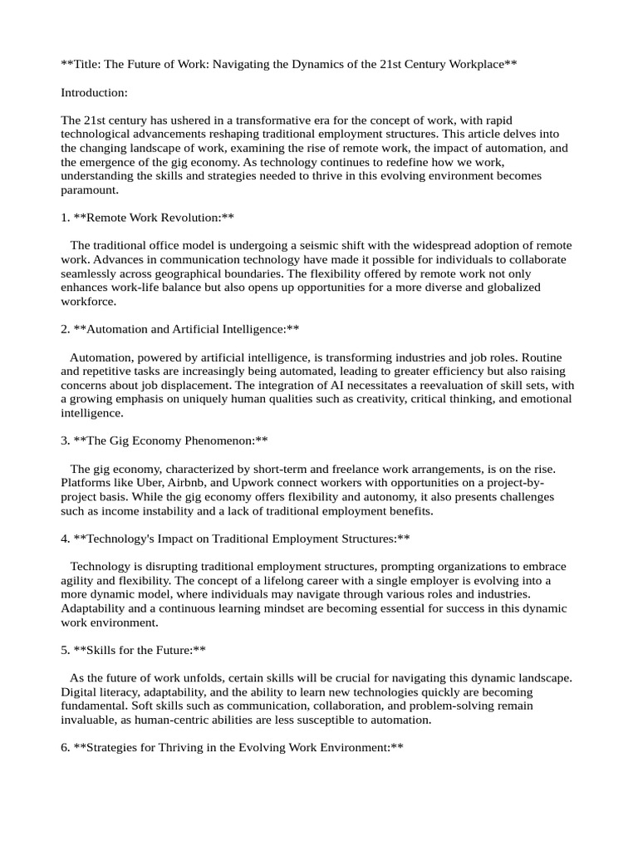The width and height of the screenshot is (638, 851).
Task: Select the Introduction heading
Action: coord(94,93)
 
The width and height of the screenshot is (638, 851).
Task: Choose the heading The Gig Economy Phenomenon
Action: coord(170,440)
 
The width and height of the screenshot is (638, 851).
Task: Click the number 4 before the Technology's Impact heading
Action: coord(65,539)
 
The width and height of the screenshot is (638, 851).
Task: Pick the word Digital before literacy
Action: coord(80,691)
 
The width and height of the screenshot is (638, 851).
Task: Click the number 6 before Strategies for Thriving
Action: coord(65,747)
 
